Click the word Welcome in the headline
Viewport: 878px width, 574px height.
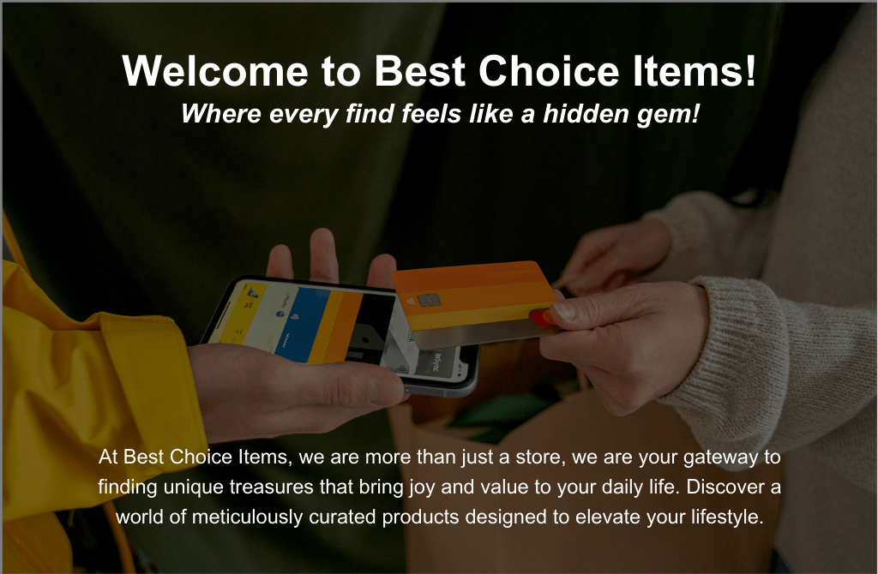(215, 71)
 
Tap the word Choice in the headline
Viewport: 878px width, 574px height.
(549, 71)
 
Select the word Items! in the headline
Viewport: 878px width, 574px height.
(695, 71)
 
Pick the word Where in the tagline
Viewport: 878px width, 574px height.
(221, 114)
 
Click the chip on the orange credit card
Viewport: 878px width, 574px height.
(429, 302)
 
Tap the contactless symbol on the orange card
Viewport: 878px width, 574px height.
(410, 301)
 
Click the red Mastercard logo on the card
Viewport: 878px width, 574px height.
(541, 318)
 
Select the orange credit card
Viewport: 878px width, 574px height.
(476, 304)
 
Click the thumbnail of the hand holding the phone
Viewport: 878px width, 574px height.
(388, 390)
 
